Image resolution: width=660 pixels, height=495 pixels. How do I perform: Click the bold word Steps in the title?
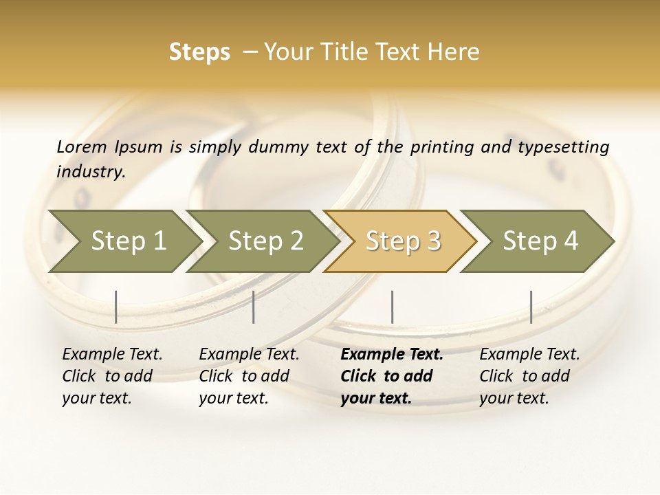point(199,52)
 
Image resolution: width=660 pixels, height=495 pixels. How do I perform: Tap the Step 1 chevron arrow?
point(124,241)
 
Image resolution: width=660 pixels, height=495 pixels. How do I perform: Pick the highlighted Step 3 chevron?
point(401,241)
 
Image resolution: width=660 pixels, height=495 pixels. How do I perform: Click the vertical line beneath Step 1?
point(116,307)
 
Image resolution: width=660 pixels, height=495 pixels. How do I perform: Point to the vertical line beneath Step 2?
point(254,307)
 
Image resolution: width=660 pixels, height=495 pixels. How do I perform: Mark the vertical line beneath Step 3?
point(393,307)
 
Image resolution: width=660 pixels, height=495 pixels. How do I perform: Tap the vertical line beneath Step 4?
point(531,307)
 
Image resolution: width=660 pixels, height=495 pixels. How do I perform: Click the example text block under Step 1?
point(112,376)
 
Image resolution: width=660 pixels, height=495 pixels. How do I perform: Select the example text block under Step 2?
point(249,376)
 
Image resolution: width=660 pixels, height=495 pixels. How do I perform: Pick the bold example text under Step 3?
point(392,376)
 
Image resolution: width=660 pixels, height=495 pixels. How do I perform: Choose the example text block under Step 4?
point(529,376)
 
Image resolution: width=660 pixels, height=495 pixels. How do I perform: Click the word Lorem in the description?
point(82,146)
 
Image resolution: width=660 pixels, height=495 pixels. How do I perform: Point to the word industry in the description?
point(91,171)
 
